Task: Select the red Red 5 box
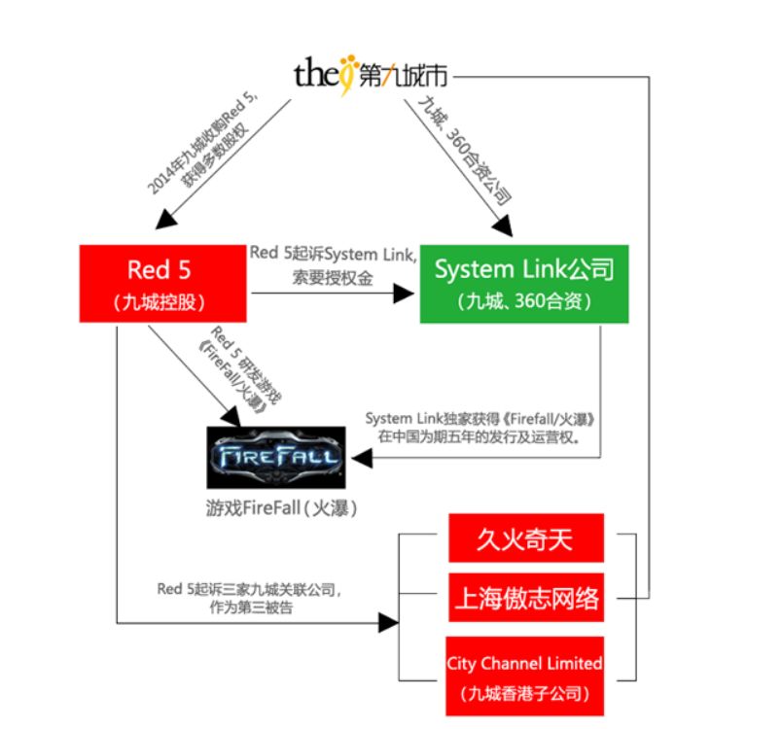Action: tap(162, 283)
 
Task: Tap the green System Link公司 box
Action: tap(524, 283)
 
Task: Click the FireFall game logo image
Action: tap(275, 457)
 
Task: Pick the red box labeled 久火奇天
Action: tap(525, 538)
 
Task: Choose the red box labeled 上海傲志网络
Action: tap(525, 597)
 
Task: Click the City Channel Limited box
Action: tap(525, 677)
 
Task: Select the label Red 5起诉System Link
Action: tap(334, 254)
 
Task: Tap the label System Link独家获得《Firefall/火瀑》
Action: tap(480, 418)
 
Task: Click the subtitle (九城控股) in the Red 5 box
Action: tap(162, 300)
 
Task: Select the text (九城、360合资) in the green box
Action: tap(524, 300)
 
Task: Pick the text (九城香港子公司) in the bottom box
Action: tap(525, 694)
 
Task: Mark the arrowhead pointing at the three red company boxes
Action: tap(393, 620)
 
